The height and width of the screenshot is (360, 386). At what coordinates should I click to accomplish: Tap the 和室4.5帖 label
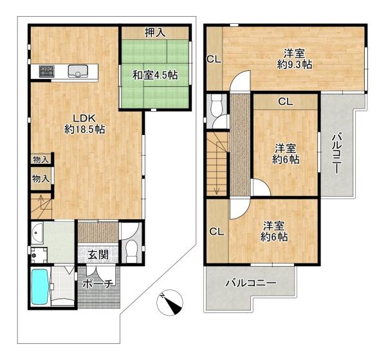point(154,75)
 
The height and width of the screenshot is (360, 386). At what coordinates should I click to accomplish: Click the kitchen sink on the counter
point(80,71)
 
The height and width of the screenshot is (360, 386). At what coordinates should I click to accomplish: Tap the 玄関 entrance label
point(98,255)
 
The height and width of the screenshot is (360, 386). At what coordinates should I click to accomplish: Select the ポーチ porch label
point(98,283)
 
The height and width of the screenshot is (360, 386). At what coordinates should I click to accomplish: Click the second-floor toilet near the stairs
point(216,105)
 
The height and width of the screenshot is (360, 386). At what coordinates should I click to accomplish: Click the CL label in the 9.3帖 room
point(214,60)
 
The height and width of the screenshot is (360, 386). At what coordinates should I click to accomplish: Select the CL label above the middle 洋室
point(286,101)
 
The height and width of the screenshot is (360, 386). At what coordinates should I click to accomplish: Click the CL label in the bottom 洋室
point(216,231)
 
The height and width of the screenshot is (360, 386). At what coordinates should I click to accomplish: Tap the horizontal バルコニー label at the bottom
point(251,283)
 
